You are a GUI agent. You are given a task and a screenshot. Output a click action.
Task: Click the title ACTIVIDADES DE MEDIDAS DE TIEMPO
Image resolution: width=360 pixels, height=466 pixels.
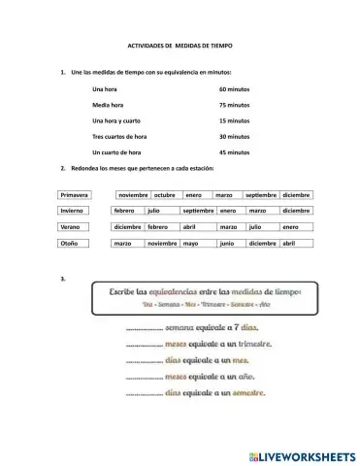[x=180, y=46]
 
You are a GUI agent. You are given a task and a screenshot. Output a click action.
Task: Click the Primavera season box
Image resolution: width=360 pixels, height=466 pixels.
[x=74, y=194]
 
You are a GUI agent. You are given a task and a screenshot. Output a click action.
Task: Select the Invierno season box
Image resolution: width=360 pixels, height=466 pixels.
[x=74, y=211]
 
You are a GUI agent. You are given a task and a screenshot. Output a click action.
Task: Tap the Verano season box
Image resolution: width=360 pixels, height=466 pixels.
[x=74, y=227]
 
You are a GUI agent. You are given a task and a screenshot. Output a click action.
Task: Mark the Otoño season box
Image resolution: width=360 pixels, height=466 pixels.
[x=74, y=244]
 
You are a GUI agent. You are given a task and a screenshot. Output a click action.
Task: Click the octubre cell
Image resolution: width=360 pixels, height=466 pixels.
[x=165, y=194]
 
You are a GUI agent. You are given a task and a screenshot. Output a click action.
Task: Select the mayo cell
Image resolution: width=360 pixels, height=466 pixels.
[x=190, y=244]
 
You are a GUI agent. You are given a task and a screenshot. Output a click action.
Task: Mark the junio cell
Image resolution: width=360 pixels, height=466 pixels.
[x=226, y=244]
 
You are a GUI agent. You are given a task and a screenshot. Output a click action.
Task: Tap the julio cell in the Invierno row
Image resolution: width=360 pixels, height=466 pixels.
[x=154, y=211]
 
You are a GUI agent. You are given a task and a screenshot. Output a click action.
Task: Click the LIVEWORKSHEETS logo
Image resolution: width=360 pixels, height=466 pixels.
[x=301, y=454]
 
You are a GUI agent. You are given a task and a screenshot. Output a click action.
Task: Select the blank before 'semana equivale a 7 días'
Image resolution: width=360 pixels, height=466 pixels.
[x=145, y=328]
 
